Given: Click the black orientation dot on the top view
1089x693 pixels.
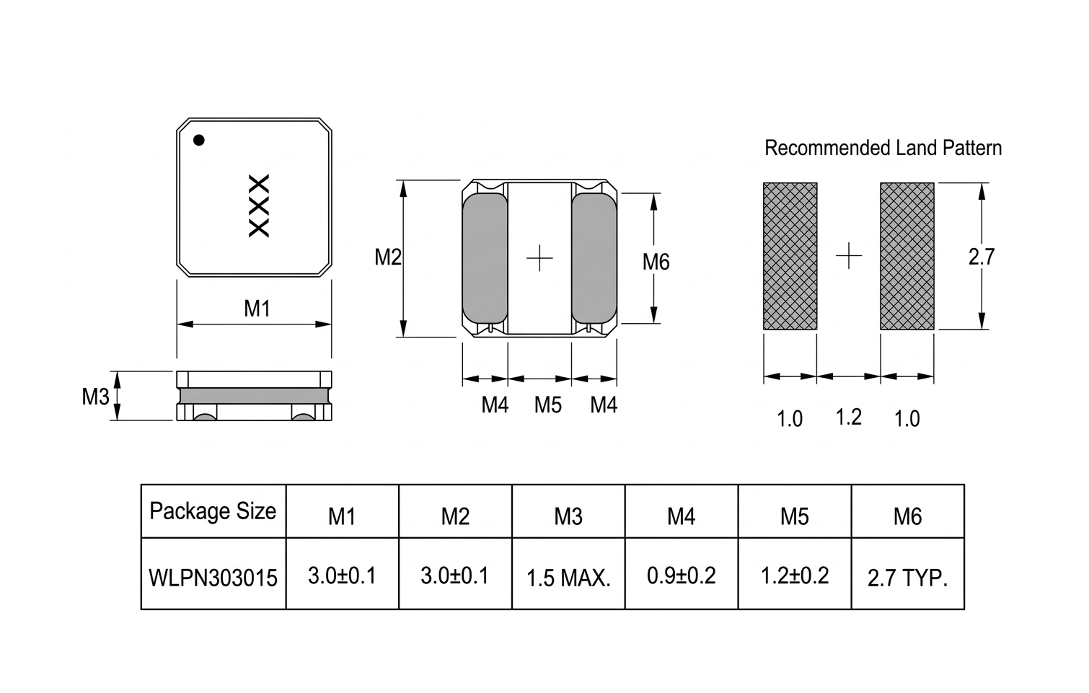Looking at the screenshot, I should point(199,140).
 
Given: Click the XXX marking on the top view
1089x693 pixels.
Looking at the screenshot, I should point(258,206).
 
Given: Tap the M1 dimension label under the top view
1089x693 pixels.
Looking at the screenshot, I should point(257,309).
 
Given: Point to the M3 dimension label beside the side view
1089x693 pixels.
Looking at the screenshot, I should point(95,396).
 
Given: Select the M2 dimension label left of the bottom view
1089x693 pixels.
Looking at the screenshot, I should point(388,257).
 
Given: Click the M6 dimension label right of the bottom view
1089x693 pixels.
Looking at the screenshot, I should point(656,262).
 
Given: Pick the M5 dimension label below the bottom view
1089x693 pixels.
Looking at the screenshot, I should point(547,405).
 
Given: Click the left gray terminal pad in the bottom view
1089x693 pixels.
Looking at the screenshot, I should point(485,257).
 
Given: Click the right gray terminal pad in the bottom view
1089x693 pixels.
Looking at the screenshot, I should point(594,257).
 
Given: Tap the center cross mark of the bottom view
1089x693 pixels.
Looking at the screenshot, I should point(539,257).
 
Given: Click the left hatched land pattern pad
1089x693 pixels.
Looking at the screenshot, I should point(790,256).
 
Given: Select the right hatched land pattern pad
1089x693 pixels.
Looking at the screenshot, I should point(907,256).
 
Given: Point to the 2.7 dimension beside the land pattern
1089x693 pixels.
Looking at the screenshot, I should point(981,257).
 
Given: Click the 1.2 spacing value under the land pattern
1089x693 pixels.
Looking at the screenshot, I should point(848,417).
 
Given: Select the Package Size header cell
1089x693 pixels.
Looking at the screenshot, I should point(213,511).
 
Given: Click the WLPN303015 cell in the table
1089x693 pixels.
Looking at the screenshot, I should point(213,578).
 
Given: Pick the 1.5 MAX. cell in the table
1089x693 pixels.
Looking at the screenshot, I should point(568,578).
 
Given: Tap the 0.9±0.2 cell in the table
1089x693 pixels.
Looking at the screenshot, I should point(682,575).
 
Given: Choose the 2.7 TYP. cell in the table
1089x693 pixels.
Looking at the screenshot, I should point(907,578).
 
